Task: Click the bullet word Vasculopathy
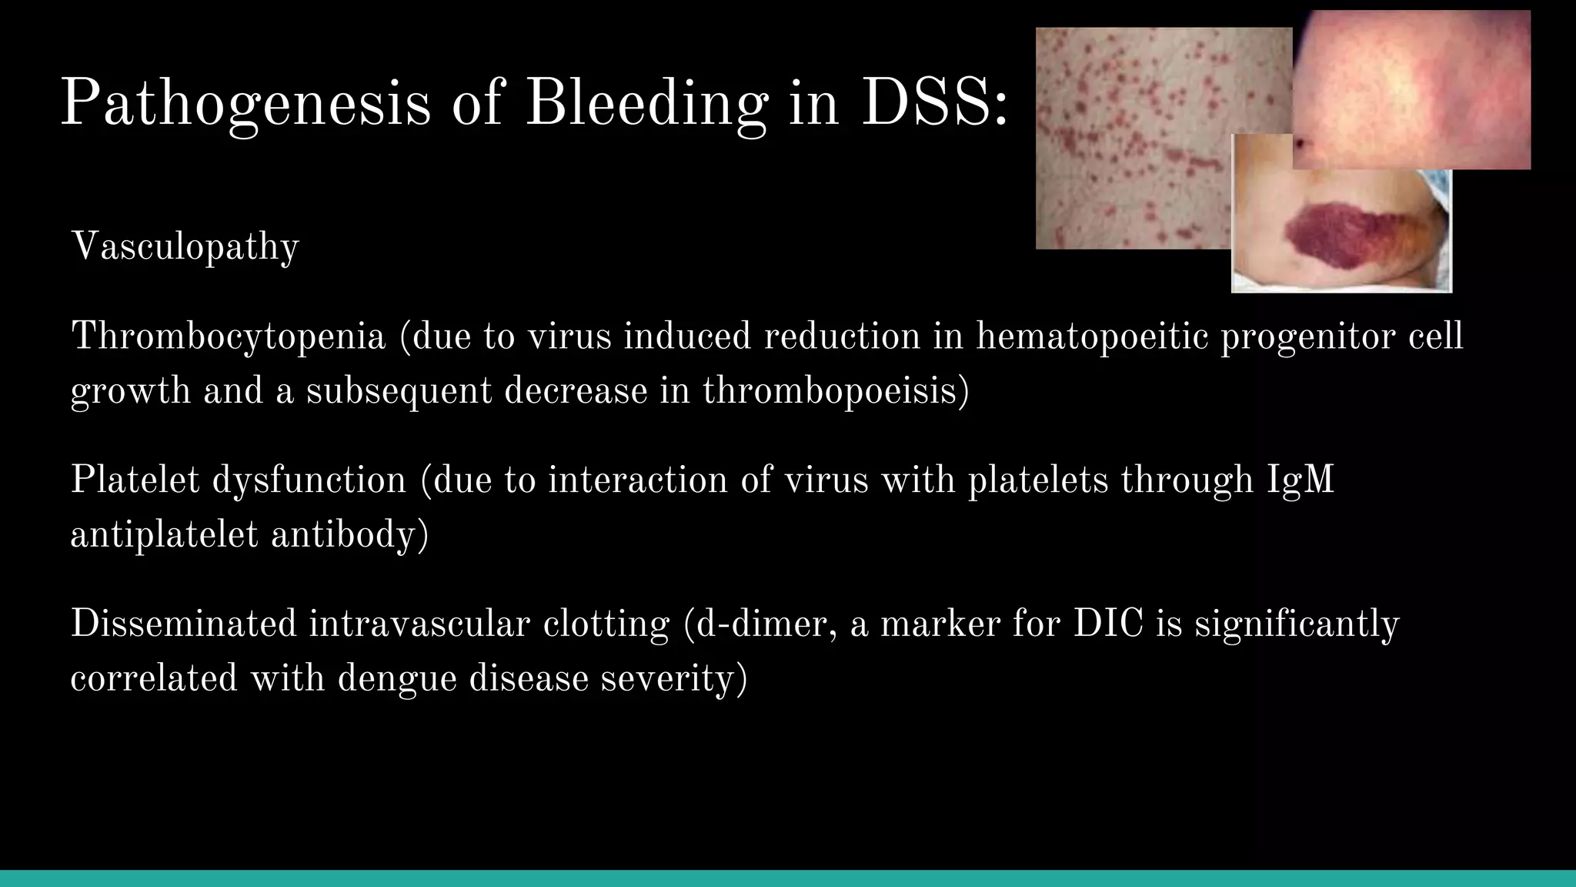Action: pos(185,247)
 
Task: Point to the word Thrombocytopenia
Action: pos(228,337)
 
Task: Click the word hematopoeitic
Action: pos(1092,337)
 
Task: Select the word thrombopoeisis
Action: pos(835,390)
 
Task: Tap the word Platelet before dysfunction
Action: pos(135,480)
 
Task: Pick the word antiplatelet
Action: pos(164,534)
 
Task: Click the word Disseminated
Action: pos(183,623)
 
